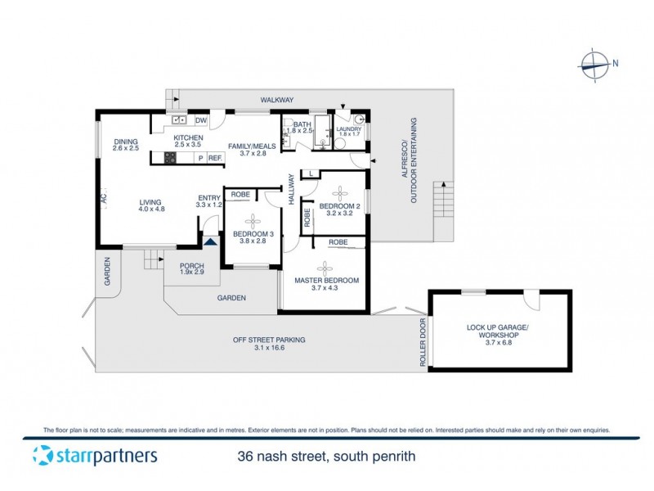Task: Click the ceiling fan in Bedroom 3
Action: pos(253,219)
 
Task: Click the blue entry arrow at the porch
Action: pos(210,241)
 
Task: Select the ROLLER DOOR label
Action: pos(423,343)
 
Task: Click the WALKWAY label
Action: pos(276,100)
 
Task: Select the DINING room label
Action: pos(125,141)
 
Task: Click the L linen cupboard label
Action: pos(311,173)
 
